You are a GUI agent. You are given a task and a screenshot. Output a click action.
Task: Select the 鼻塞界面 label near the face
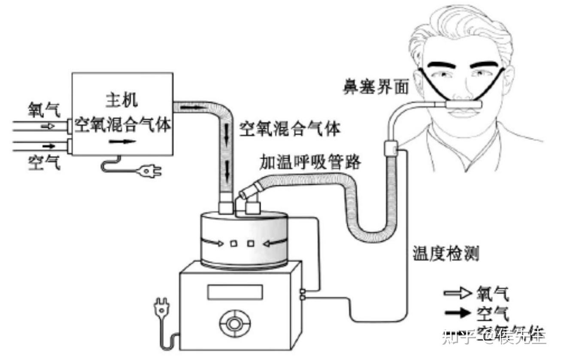tap(375, 88)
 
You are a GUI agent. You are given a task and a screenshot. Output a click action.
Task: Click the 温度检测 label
tap(445, 254)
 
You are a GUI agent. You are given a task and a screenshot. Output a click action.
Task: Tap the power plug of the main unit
tap(150, 172)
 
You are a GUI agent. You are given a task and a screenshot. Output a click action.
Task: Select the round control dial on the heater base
tap(234, 323)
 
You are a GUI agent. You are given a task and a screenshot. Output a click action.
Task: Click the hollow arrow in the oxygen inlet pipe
tap(48, 126)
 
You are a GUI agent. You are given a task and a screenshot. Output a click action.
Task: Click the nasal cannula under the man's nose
tap(464, 103)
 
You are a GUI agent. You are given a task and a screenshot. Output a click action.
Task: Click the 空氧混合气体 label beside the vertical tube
tap(290, 128)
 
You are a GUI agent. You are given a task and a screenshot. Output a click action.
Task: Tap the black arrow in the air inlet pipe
tap(48, 145)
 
